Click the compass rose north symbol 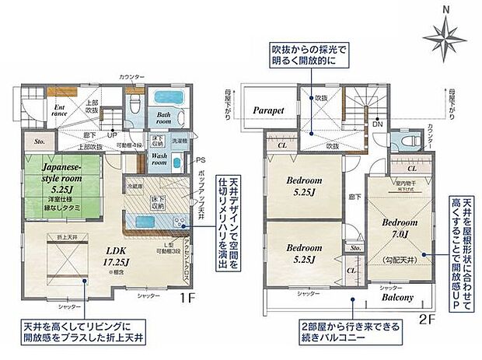(x=444, y=33)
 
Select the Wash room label (x=160, y=159)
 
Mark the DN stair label (x=377, y=124)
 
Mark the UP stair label (x=113, y=133)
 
